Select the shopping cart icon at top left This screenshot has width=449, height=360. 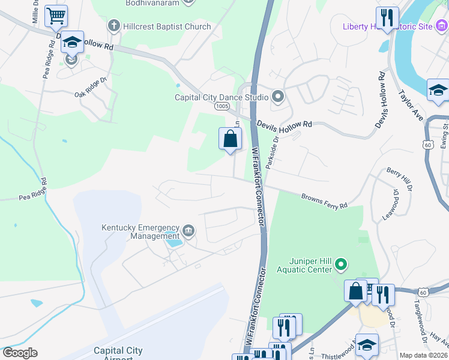[56, 16]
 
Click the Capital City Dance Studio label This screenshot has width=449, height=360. [221, 97]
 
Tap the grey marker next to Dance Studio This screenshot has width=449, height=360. [278, 96]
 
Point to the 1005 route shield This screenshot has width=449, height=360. [222, 106]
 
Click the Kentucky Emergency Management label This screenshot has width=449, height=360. [140, 232]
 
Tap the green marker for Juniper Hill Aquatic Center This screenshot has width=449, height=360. [341, 263]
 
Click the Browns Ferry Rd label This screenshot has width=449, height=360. [324, 201]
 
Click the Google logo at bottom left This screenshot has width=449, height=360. [20, 353]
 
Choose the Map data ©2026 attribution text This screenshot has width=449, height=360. [423, 355]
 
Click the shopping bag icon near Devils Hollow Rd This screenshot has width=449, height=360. [230, 139]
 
